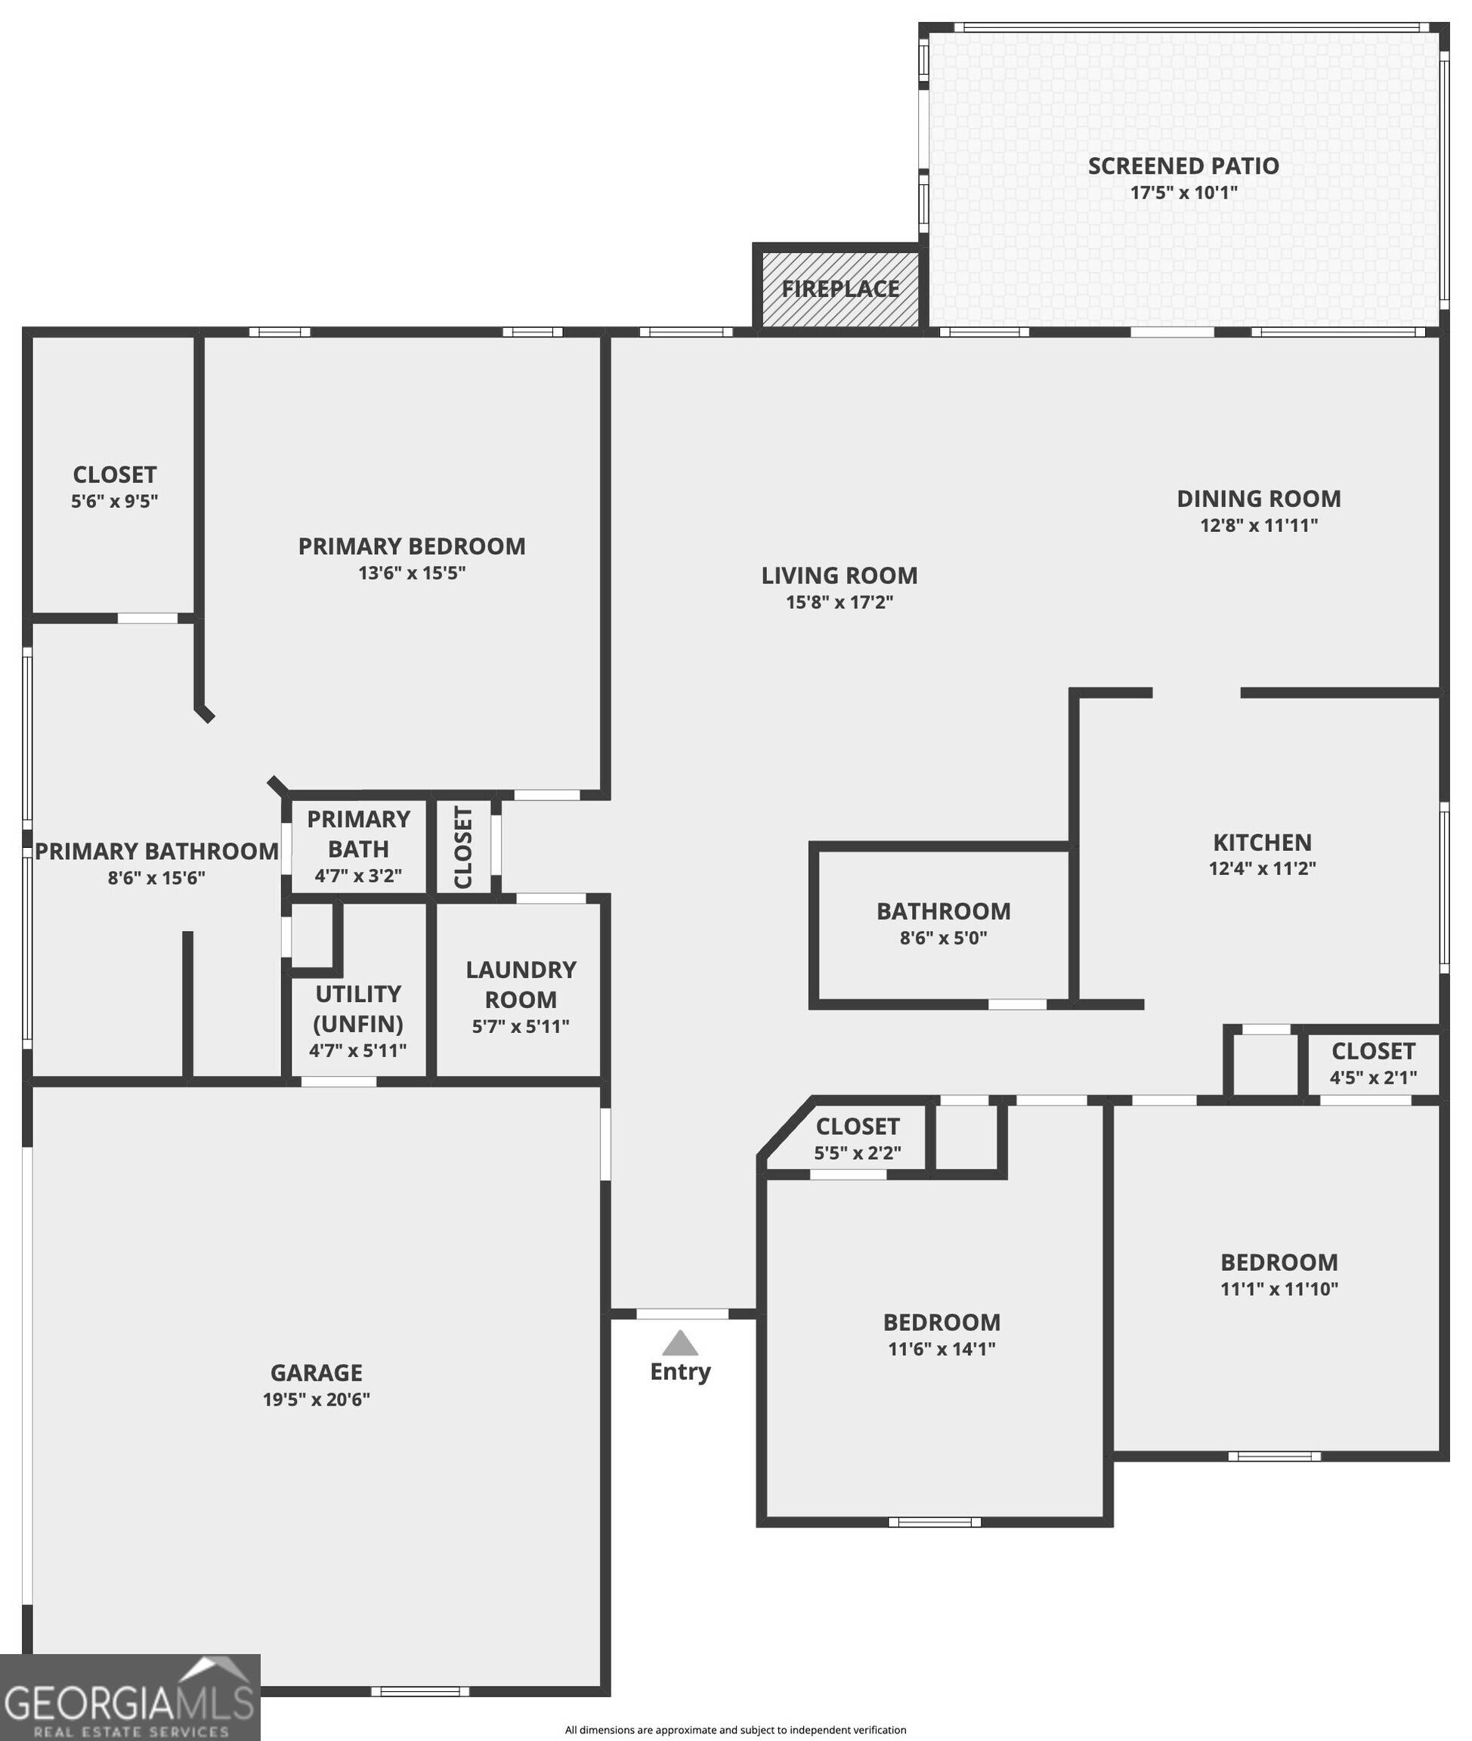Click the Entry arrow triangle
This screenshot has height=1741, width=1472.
[680, 1343]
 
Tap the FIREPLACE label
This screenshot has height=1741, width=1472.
[840, 289]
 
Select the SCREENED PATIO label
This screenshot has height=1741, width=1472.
[1183, 166]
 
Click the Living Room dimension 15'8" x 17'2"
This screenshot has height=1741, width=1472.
[840, 602]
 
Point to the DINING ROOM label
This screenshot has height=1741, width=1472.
[1258, 498]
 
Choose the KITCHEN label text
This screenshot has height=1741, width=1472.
[1262, 842]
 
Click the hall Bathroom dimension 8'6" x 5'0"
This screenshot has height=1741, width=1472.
[943, 938]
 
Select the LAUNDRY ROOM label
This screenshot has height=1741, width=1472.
[521, 985]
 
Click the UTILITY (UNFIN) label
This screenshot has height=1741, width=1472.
[358, 1009]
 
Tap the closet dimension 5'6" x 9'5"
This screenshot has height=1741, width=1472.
[114, 502]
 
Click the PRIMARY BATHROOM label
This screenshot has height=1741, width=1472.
[157, 852]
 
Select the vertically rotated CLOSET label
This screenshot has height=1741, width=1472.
[463, 847]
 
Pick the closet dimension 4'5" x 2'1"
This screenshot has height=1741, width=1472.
[1373, 1078]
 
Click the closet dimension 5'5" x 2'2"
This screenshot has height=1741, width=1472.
[857, 1153]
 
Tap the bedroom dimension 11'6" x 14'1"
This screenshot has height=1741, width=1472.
[942, 1349]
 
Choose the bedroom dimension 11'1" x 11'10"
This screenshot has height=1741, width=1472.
[1279, 1288]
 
